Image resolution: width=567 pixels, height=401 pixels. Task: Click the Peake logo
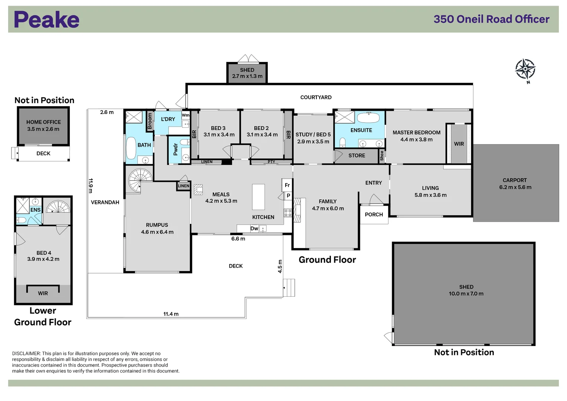pyautogui.click(x=47, y=20)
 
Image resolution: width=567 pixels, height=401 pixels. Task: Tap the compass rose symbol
pyautogui.click(x=525, y=69)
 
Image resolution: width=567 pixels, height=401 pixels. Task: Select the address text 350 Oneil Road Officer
pyautogui.click(x=491, y=19)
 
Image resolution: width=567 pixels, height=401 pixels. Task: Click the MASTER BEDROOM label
pyautogui.click(x=416, y=133)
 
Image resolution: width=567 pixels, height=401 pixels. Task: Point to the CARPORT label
pyautogui.click(x=515, y=180)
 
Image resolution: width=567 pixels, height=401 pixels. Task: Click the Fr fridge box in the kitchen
pyautogui.click(x=287, y=185)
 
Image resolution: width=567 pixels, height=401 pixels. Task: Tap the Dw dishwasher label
pyautogui.click(x=254, y=228)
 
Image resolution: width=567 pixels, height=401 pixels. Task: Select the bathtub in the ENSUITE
pyautogui.click(x=368, y=118)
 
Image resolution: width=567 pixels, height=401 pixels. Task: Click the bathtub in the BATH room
pyautogui.click(x=131, y=148)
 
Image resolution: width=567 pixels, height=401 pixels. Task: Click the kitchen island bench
pyautogui.click(x=258, y=197)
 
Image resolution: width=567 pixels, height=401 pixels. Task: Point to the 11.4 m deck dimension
pyautogui.click(x=171, y=314)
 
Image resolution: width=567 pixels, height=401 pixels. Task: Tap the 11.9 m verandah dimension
pyautogui.click(x=91, y=186)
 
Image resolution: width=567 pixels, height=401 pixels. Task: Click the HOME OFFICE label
pyautogui.click(x=43, y=122)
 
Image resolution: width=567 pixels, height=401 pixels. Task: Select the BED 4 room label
pyautogui.click(x=43, y=253)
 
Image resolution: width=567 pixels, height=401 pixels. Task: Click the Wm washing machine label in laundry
pyautogui.click(x=186, y=115)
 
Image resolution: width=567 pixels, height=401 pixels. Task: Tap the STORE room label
pyautogui.click(x=356, y=156)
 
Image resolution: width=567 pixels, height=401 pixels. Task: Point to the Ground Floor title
pyautogui.click(x=327, y=260)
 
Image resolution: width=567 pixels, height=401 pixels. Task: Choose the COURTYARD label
pyautogui.click(x=316, y=97)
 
